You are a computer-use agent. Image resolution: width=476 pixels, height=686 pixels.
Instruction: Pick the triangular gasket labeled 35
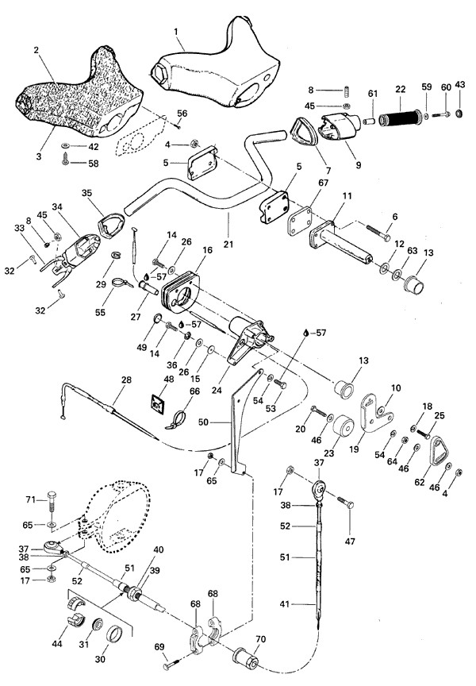[x=107, y=225]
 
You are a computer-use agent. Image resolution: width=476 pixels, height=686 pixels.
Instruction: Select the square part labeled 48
[x=159, y=407]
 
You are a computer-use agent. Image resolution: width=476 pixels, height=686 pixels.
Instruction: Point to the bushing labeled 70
[x=246, y=657]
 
